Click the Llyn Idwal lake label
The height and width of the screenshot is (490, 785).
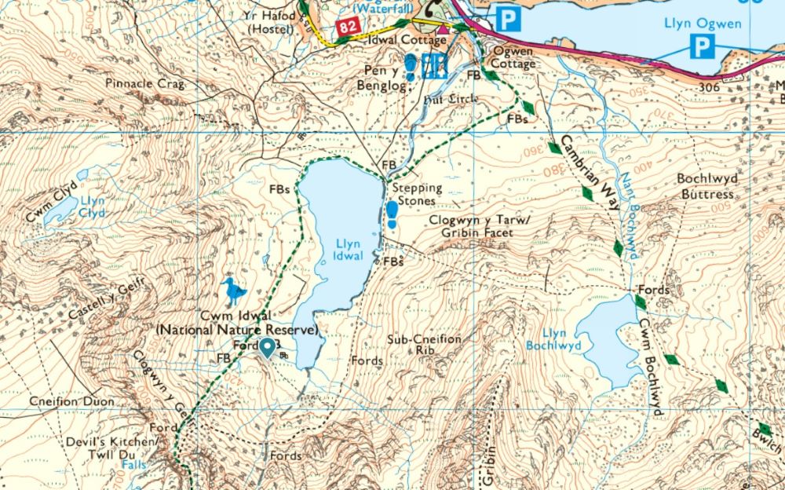click(348, 250)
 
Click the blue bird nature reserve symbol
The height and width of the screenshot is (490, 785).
click(232, 291)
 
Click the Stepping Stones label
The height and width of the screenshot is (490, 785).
click(417, 195)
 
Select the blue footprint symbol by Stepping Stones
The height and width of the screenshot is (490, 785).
click(392, 214)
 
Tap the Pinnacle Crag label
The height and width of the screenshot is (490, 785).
click(143, 82)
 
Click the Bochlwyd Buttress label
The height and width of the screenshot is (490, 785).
click(706, 186)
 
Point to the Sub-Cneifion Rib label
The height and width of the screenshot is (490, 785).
click(425, 346)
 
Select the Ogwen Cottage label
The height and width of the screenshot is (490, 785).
click(513, 57)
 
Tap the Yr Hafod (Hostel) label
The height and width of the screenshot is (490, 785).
click(271, 22)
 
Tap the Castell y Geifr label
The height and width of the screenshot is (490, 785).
click(100, 303)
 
